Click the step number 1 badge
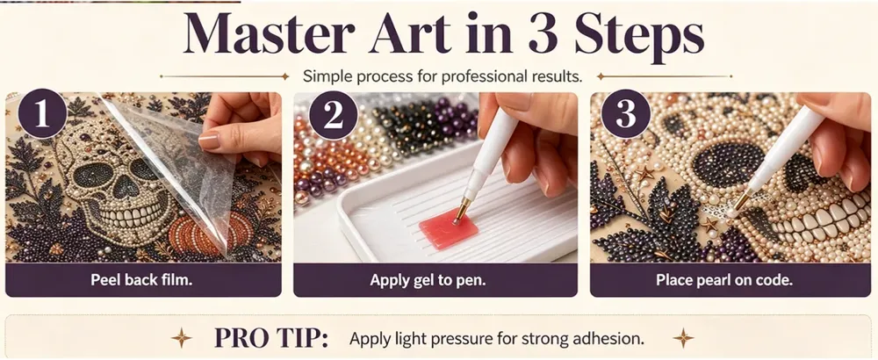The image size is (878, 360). pyautogui.click(x=42, y=113)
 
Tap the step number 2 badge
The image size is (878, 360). pyautogui.click(x=333, y=115)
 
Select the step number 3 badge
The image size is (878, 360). pyautogui.click(x=625, y=115)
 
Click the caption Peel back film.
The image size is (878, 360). pyautogui.click(x=141, y=280)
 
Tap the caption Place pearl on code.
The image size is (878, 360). pyautogui.click(x=724, y=280)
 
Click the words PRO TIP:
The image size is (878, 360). pyautogui.click(x=271, y=338)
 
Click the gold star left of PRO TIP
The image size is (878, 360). pyautogui.click(x=181, y=337)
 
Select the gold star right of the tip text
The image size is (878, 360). pyautogui.click(x=684, y=337)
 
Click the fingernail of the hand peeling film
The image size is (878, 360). pyautogui.click(x=210, y=140)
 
